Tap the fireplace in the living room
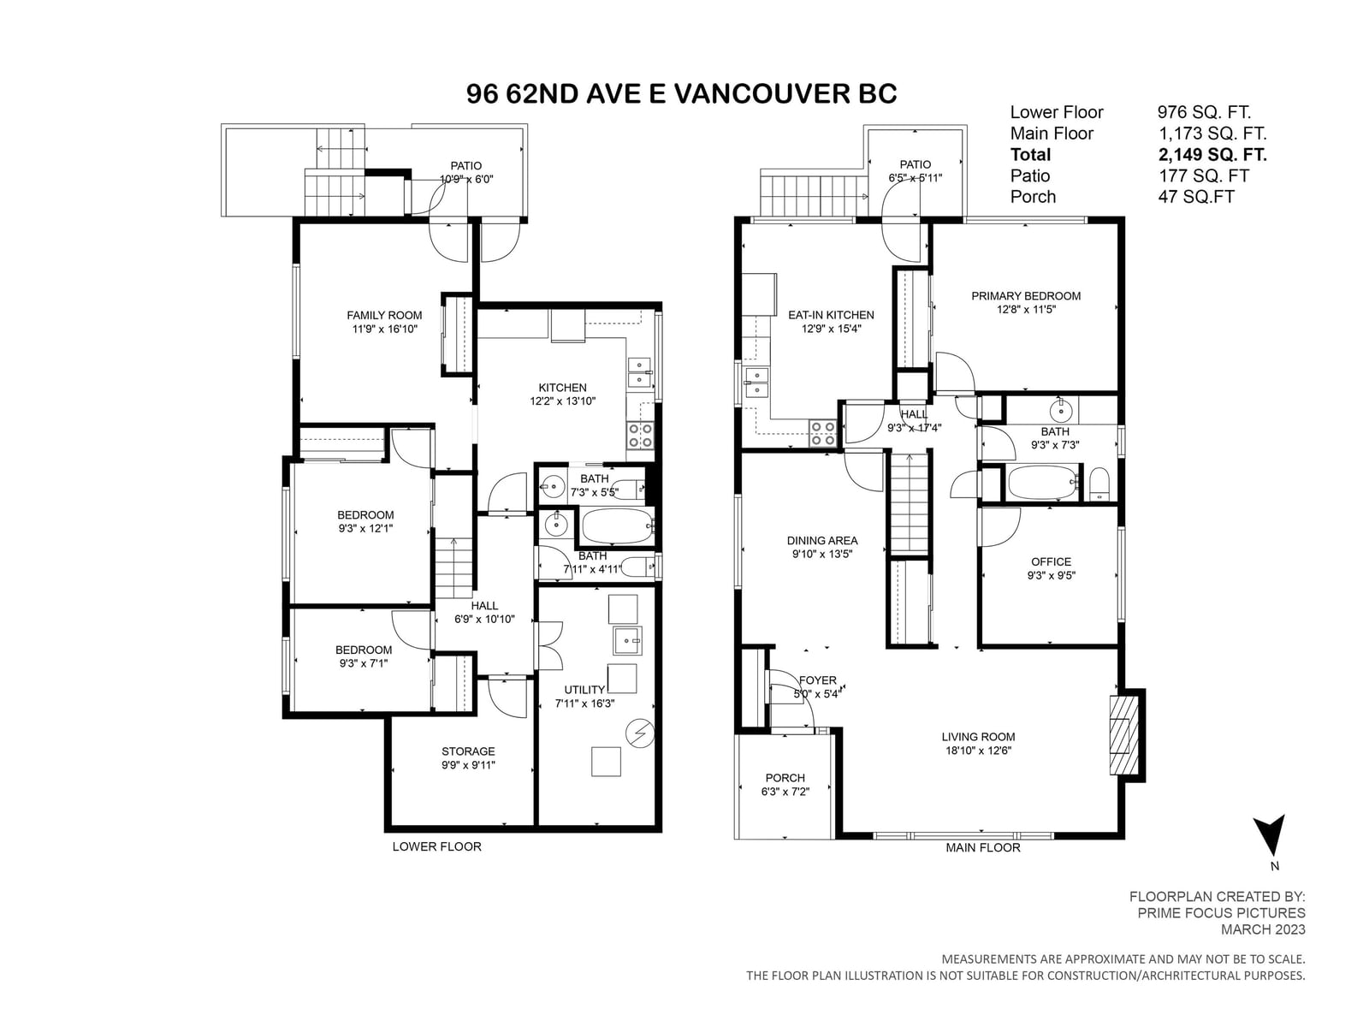click(x=1123, y=736)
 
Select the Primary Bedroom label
click(x=1025, y=296)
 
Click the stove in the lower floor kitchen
click(x=640, y=435)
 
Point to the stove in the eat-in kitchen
click(x=822, y=433)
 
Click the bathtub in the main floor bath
click(x=1043, y=482)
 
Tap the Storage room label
click(x=468, y=751)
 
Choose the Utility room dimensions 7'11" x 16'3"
click(x=584, y=703)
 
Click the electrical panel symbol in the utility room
click(x=641, y=733)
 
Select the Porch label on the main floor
click(x=785, y=778)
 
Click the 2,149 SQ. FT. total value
click(x=1212, y=155)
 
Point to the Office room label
click(x=1051, y=561)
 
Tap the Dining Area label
click(x=822, y=541)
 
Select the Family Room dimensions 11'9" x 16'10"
click(x=384, y=329)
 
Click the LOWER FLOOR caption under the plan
click(x=436, y=846)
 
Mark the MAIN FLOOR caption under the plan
click(x=982, y=848)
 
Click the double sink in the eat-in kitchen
click(x=756, y=383)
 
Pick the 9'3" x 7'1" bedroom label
click(x=364, y=663)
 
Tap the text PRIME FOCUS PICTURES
click(x=1221, y=913)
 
